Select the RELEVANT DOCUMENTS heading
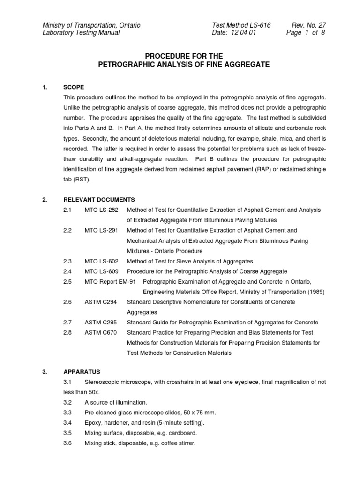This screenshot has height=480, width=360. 99,200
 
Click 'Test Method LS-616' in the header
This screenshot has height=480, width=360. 241,25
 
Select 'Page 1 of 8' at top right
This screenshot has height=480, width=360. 305,33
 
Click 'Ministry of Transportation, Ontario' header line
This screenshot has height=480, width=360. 91,25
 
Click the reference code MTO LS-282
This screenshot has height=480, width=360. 102,210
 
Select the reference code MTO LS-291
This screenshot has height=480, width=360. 102,231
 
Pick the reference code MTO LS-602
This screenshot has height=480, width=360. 102,261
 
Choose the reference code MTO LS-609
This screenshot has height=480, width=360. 102,271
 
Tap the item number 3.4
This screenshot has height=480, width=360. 67,423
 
